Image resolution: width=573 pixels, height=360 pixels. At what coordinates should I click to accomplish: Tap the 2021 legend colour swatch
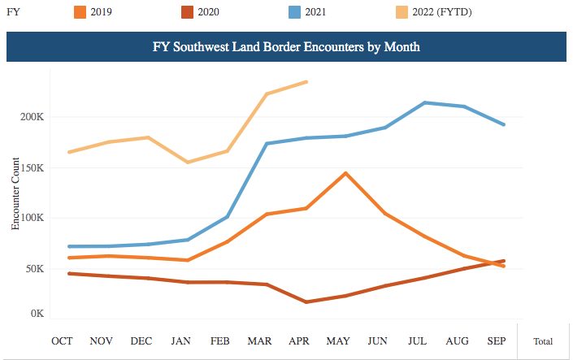click(297, 13)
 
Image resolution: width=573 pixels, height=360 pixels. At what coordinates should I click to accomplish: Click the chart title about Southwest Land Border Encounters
click(286, 47)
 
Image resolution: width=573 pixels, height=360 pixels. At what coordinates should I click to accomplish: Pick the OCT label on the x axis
click(62, 340)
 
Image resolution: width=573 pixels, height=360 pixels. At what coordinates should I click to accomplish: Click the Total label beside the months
click(543, 341)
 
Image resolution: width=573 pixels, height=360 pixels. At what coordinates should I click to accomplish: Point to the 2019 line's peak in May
click(346, 173)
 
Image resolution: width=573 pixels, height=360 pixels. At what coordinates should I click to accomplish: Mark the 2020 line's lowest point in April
click(306, 301)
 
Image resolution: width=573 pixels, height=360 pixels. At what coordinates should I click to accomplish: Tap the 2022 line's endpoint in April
click(306, 81)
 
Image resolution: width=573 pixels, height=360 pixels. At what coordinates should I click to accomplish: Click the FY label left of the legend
click(13, 13)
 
